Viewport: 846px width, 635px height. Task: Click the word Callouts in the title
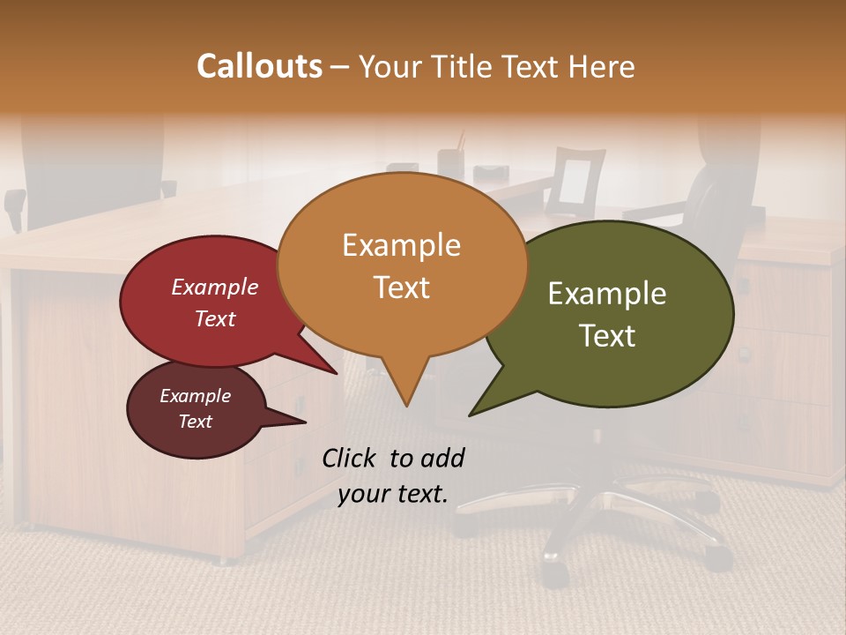[x=259, y=66]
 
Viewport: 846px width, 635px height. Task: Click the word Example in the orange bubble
[x=401, y=244]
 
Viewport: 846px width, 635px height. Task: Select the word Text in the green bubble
[x=608, y=336]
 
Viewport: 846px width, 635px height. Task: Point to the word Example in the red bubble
[x=214, y=287]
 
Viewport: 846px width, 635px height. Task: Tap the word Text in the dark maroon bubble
[x=196, y=422]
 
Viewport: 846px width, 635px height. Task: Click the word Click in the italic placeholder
[x=350, y=458]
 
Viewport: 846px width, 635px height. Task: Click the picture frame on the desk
[x=575, y=181]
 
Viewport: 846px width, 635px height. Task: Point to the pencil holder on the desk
[x=451, y=161]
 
